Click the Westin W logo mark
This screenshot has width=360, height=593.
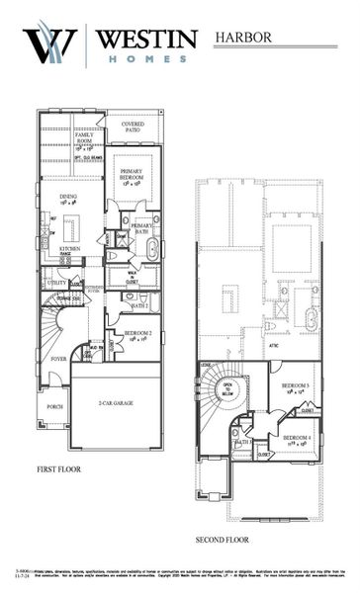click(x=48, y=43)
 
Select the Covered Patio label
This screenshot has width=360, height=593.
click(x=134, y=127)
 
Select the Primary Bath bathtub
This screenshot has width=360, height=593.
click(x=152, y=248)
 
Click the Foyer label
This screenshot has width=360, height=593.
click(x=59, y=359)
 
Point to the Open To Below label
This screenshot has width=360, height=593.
click(x=228, y=388)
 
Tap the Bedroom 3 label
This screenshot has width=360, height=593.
click(x=296, y=387)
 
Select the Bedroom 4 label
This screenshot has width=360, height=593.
click(x=297, y=440)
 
